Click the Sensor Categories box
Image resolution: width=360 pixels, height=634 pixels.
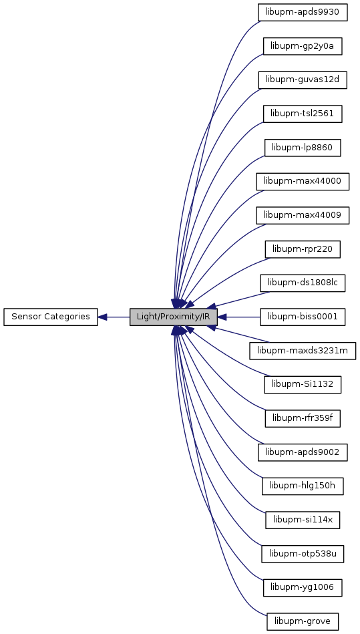51,317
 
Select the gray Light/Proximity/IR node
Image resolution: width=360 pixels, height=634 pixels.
174,317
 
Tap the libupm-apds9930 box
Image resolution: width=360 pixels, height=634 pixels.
303,13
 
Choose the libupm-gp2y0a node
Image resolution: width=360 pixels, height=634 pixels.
303,47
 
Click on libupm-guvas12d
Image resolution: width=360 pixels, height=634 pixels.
303,80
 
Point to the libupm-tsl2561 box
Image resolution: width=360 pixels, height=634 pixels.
303,114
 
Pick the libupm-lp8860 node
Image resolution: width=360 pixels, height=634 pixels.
303,148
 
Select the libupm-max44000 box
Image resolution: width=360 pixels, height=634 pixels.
303,182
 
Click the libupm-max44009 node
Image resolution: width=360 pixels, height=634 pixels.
303,216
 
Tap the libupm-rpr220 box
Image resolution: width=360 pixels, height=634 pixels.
303,249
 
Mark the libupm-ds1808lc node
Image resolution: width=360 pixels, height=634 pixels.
303,283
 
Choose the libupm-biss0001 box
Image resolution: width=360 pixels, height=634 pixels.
303,317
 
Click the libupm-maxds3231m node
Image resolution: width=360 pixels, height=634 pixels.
303,351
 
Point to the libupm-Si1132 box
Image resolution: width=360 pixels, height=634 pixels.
303,385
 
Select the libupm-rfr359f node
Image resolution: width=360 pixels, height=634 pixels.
303,418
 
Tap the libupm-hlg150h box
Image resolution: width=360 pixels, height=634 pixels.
303,486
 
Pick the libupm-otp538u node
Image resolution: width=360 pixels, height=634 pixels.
303,554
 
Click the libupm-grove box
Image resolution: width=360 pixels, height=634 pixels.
303,621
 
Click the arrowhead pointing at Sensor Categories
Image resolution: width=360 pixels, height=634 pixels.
102,317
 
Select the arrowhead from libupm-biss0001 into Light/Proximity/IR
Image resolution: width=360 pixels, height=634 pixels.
222,317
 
